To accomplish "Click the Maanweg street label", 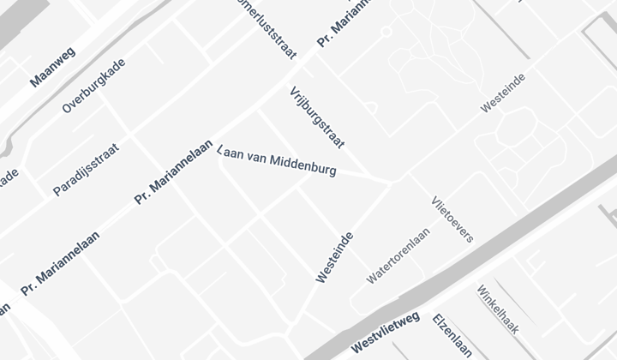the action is click(x=53, y=67).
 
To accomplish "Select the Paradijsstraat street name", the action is click(x=86, y=169).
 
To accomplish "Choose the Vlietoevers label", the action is click(x=452, y=219).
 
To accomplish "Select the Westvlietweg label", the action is click(x=385, y=331).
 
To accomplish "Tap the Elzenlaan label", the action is click(x=452, y=335).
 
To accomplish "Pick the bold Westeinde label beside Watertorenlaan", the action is click(x=334, y=257).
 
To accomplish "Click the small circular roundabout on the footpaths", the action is click(x=386, y=32).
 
